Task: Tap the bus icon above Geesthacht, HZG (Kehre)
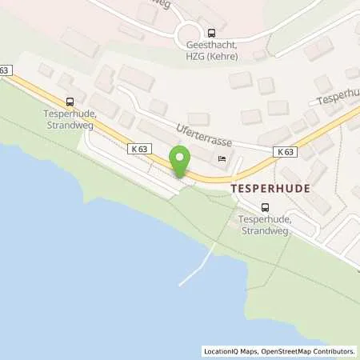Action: click(211, 34)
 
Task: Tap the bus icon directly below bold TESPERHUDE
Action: click(265, 206)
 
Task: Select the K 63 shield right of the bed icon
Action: click(283, 151)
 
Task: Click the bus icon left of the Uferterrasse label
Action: click(70, 102)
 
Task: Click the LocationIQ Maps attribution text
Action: click(234, 351)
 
